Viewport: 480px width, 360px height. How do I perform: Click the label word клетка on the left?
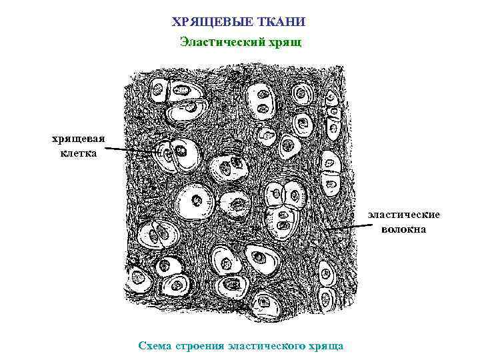point(78,153)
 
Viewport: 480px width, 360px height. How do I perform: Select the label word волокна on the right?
point(405,229)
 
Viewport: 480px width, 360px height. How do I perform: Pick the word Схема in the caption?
point(154,346)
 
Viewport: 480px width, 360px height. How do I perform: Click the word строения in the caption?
point(198,346)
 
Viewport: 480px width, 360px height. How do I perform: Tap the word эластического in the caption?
point(265,346)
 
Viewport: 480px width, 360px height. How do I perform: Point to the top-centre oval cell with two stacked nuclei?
point(261,101)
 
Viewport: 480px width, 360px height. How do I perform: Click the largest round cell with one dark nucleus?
point(197,201)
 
